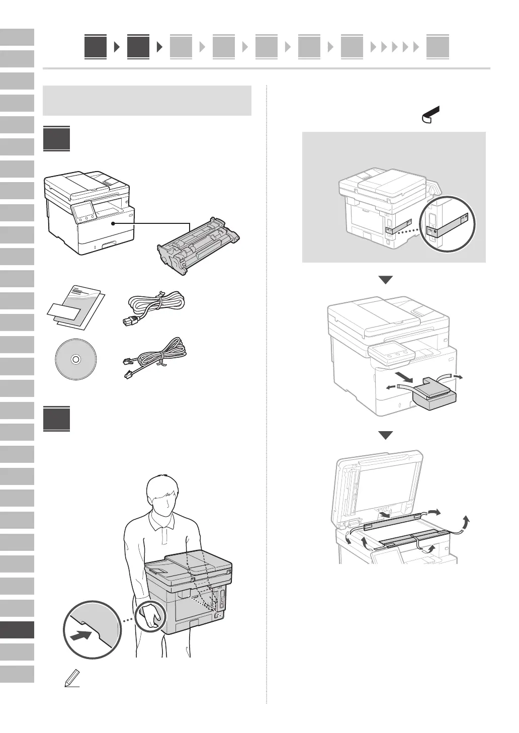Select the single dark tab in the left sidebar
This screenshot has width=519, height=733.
[x=17, y=630]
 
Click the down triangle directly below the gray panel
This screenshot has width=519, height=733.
[x=385, y=280]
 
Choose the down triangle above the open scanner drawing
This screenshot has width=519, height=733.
[x=385, y=435]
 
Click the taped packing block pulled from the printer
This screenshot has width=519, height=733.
[x=435, y=396]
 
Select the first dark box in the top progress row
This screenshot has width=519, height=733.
[x=96, y=47]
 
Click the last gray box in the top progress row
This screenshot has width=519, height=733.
[x=438, y=47]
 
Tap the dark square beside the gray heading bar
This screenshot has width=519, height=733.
[x=56, y=139]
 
